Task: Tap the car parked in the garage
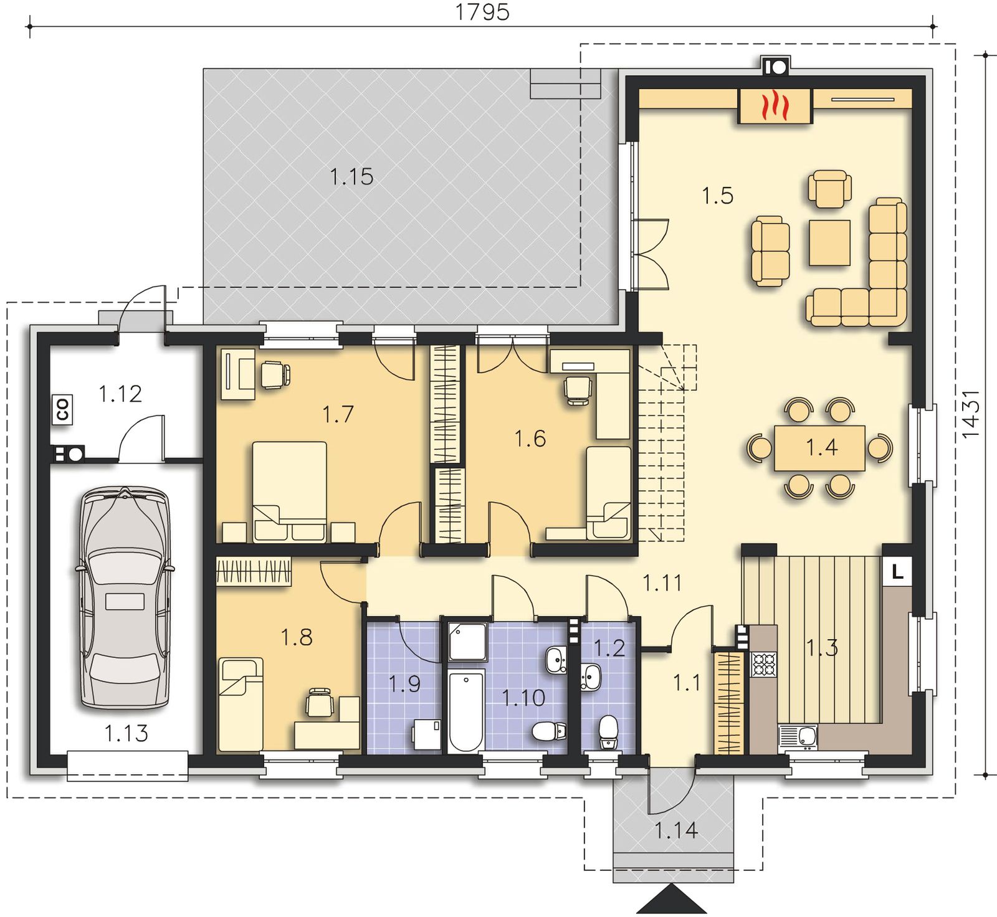coord(125,598)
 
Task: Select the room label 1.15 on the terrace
coord(351,176)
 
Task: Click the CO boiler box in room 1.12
coord(62,409)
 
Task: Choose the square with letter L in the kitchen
coord(897,571)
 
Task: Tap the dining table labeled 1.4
coord(819,448)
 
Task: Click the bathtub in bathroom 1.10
coord(466,711)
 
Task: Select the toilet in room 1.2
coord(608,733)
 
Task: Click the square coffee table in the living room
coord(830,242)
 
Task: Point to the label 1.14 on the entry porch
coord(676,830)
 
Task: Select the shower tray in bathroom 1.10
coord(465,640)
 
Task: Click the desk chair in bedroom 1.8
coord(319,704)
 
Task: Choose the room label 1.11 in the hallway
coord(662,583)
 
